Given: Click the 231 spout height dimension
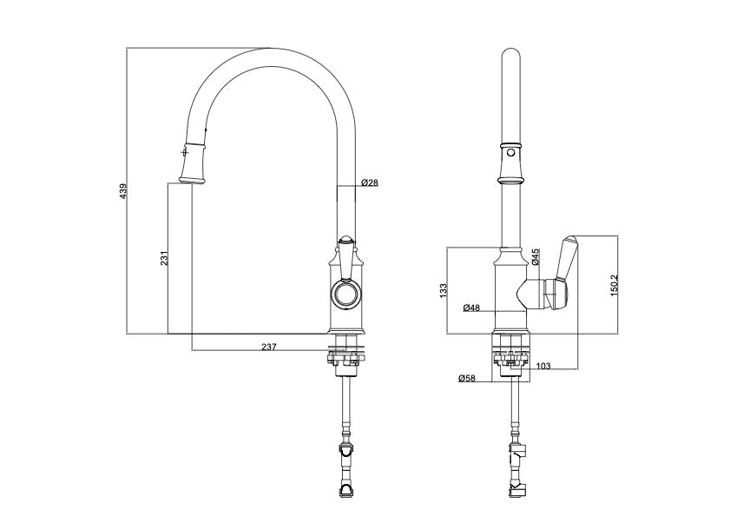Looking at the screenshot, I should click(162, 258).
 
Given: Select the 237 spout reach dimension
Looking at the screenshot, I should click(268, 347).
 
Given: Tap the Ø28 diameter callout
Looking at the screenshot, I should click(370, 183).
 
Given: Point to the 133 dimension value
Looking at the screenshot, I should click(443, 288).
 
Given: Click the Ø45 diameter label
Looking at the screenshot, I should click(536, 256).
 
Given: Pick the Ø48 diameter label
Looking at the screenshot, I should click(471, 308).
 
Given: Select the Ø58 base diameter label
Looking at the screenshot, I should click(466, 378).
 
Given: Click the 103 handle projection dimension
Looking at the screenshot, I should click(543, 367).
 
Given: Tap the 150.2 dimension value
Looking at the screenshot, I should click(614, 284).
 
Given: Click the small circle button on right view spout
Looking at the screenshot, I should click(511, 153).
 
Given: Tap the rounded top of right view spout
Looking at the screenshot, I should click(511, 61).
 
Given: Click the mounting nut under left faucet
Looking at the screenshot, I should click(345, 356).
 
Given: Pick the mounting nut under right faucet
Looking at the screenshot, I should click(512, 356).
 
